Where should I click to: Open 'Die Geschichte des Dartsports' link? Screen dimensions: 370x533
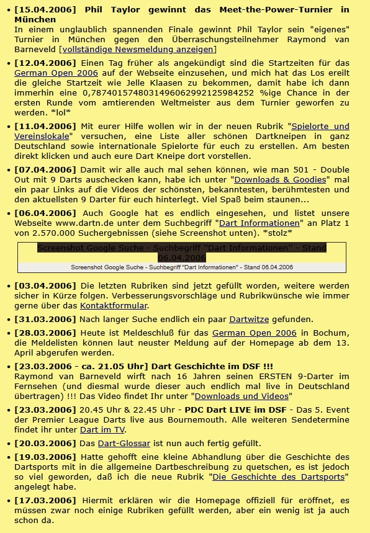pos(279,477)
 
